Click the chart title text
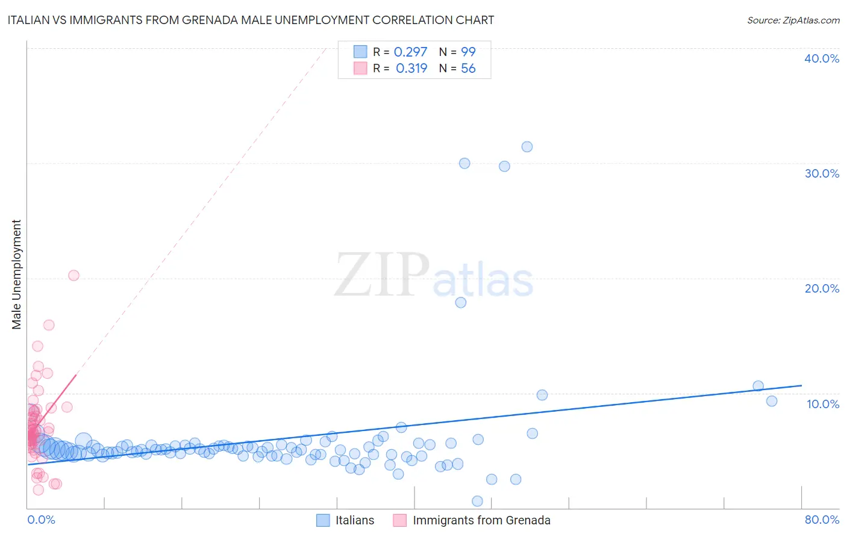pos(251,20)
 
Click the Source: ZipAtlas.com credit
pos(793,20)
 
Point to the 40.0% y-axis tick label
pos(822,58)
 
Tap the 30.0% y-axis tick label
pos(822,173)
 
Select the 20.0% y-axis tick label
pos(822,288)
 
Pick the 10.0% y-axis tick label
pos(823,404)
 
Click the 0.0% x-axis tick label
pos(41,520)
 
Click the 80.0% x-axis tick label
pos(822,520)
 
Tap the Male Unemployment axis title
pos(16,275)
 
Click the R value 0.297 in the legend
pos(410,52)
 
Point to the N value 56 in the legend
pos(468,69)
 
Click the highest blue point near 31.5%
pos(527,147)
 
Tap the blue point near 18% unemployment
pos(461,302)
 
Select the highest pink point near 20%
pos(73,275)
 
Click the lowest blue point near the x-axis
pos(477,501)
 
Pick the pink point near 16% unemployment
pos(49,325)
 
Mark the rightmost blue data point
pos(772,401)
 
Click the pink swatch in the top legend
pos(360,69)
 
